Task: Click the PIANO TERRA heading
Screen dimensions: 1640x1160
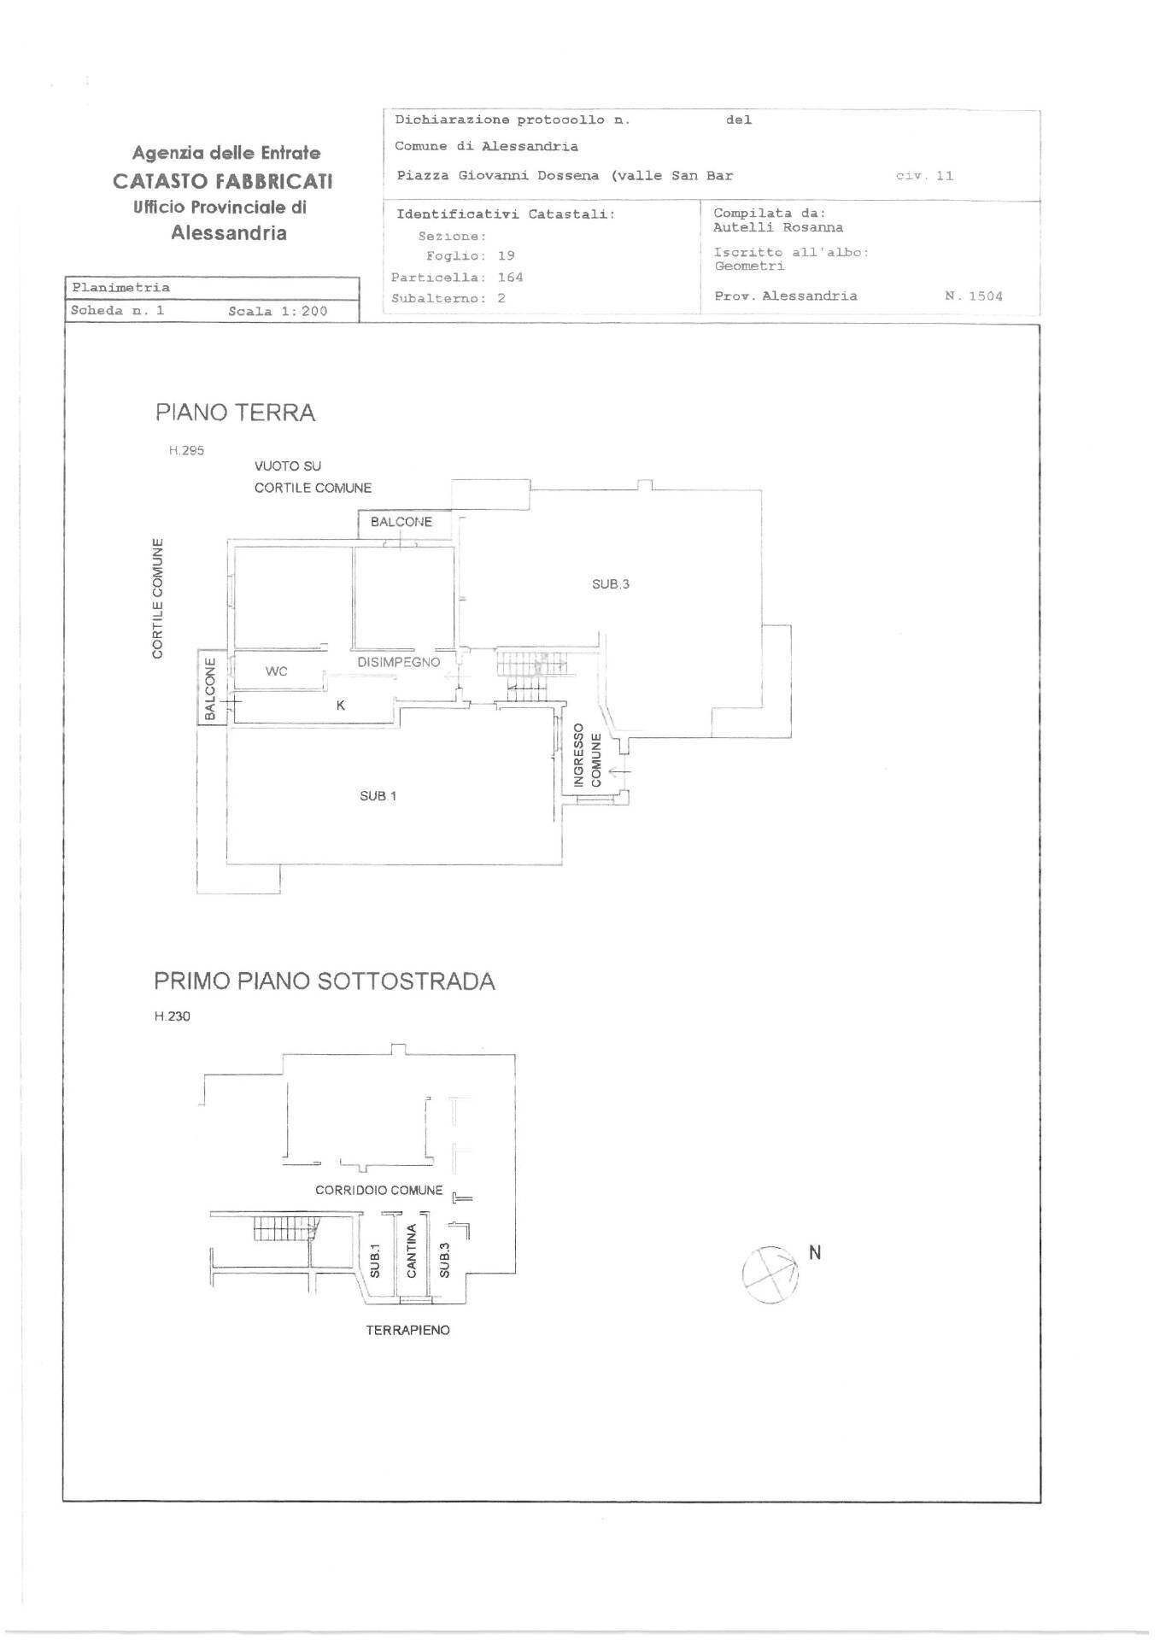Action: [x=235, y=413]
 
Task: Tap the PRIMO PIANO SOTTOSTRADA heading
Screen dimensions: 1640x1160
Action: [x=324, y=981]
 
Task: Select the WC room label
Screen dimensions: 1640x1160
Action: [x=276, y=671]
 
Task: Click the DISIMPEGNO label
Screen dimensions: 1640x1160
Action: [x=398, y=662]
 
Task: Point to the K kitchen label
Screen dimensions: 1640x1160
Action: [x=341, y=706]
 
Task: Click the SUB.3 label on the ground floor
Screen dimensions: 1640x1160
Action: [x=610, y=584]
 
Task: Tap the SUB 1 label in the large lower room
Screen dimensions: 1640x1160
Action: [x=378, y=796]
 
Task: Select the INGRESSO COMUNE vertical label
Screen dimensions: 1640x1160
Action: [x=587, y=755]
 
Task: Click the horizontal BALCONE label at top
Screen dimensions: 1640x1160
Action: [x=401, y=522]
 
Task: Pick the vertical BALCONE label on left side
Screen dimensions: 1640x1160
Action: [x=210, y=688]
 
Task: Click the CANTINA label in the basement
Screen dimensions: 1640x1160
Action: [x=411, y=1251]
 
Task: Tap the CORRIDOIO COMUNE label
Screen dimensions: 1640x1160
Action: [x=378, y=1190]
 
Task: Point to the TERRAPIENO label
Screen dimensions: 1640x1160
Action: [x=407, y=1330]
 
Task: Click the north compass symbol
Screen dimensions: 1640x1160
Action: [x=770, y=1274]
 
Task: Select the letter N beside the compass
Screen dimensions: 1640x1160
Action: [x=814, y=1252]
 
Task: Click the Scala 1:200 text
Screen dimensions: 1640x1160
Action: [x=278, y=311]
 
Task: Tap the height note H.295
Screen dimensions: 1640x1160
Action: [x=186, y=450]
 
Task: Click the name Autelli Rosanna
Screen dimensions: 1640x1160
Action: [x=777, y=227]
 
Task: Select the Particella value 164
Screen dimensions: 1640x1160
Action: [x=510, y=277]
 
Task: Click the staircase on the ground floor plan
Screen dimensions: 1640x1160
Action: [x=530, y=672]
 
